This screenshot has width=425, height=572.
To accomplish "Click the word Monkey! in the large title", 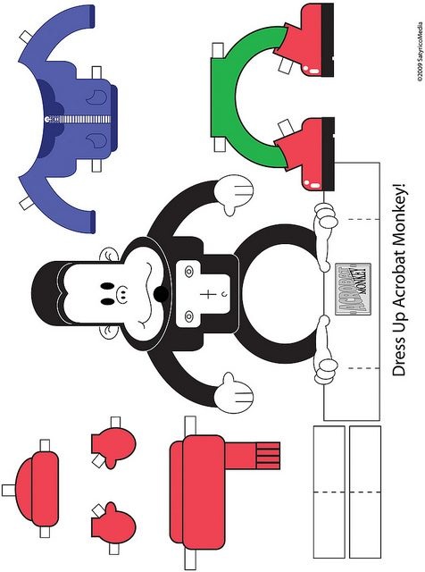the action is click(x=398, y=211).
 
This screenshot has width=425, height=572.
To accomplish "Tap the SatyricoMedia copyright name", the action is click(x=420, y=41).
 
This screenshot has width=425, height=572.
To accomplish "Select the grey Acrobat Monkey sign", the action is click(x=353, y=289).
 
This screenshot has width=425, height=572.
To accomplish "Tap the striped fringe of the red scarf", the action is click(x=268, y=456).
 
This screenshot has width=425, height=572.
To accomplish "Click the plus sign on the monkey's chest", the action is click(x=206, y=294).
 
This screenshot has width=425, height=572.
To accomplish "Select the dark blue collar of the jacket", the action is click(x=48, y=118).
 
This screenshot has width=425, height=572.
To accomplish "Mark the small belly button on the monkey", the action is click(x=224, y=294).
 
